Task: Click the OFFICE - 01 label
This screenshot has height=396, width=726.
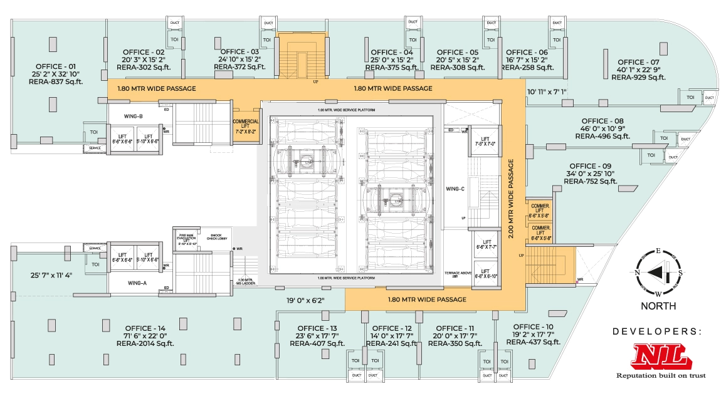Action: pyautogui.click(x=56, y=66)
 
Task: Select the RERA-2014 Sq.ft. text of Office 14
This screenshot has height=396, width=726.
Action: pyautogui.click(x=145, y=343)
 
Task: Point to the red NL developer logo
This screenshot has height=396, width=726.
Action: pyautogui.click(x=659, y=357)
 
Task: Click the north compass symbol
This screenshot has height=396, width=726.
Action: pyautogui.click(x=658, y=273)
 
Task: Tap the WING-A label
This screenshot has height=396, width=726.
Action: pyautogui.click(x=137, y=283)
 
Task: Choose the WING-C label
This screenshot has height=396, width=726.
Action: pyautogui.click(x=455, y=189)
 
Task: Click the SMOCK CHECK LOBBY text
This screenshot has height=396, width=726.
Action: pyautogui.click(x=218, y=238)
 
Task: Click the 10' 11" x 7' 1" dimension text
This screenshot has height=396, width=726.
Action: pyautogui.click(x=547, y=92)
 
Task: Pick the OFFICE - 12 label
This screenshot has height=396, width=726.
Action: pyautogui.click(x=392, y=328)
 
